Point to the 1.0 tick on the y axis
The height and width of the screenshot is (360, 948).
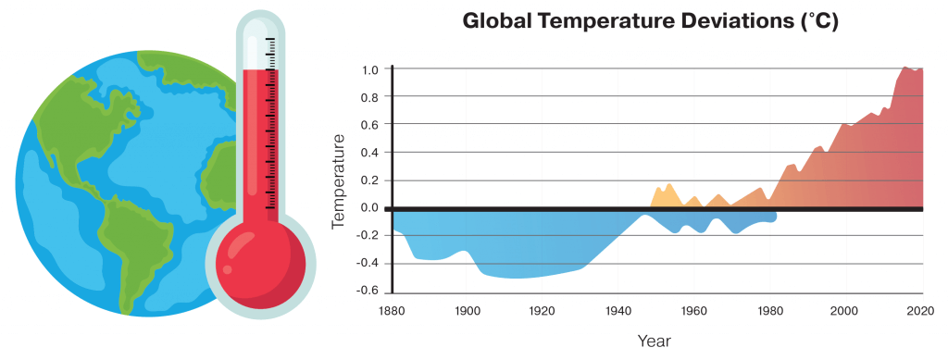point(371,68)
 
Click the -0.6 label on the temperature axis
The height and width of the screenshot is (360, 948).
point(369,292)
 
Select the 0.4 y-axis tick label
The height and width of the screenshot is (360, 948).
point(370,152)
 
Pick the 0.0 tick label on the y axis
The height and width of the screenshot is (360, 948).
point(370,208)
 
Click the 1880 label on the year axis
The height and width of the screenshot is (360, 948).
point(393,310)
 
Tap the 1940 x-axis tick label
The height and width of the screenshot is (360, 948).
point(617,310)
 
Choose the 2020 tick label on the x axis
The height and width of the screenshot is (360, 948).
point(922,310)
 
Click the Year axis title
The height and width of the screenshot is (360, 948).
point(654,341)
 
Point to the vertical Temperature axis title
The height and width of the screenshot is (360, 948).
point(339,180)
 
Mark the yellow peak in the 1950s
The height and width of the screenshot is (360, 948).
point(668,183)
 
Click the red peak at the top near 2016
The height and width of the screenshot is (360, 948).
point(905,67)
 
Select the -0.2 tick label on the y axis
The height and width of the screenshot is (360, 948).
point(369,236)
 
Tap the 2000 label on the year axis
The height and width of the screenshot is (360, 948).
point(845,310)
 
